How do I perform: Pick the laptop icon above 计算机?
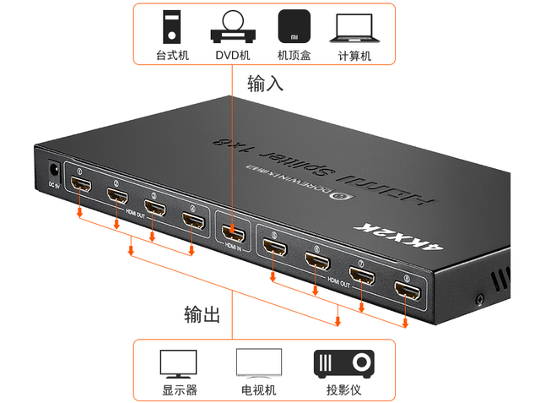coord(354,27)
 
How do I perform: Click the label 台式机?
coord(171,56)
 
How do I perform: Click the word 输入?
coord(265,84)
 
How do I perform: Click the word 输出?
coord(202,315)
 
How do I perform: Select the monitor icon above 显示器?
coord(178,364)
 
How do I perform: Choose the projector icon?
coord(343,364)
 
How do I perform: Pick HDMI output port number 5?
coord(274,248)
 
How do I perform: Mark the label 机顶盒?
coord(294,56)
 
